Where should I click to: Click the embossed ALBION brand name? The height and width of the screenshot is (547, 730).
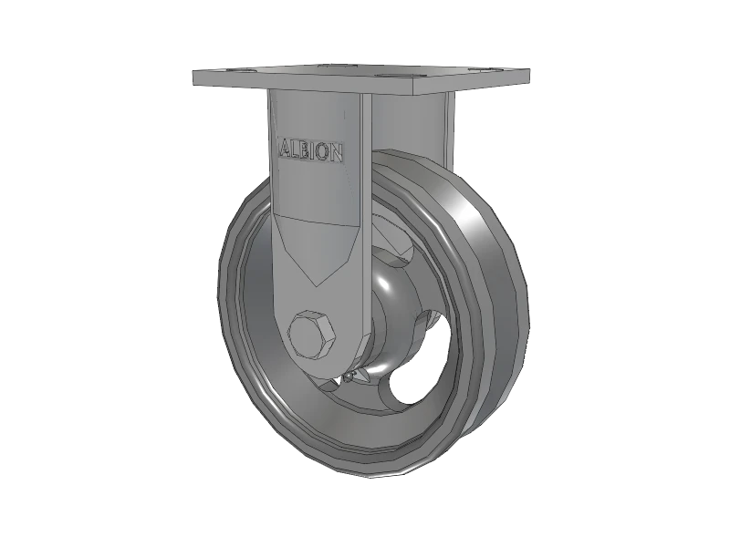(x=310, y=150)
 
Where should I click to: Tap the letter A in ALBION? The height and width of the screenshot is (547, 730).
(x=283, y=148)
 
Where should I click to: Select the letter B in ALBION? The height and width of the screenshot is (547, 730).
(x=305, y=150)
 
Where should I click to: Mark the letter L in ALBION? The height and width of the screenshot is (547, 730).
(x=294, y=149)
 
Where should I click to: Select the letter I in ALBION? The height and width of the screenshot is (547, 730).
(x=314, y=150)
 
